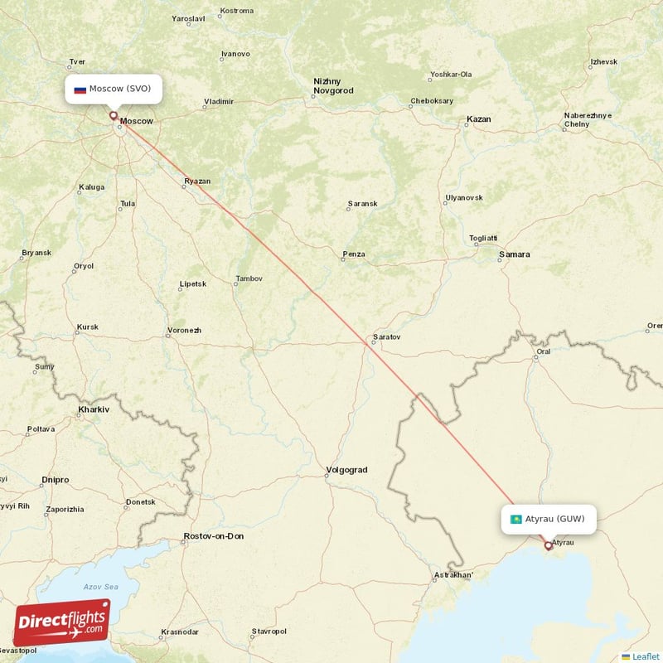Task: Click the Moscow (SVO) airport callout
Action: pyautogui.click(x=113, y=89)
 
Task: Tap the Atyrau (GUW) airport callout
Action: pyautogui.click(x=548, y=520)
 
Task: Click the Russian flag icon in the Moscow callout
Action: pyautogui.click(x=80, y=89)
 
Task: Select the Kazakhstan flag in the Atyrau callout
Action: pyautogui.click(x=515, y=520)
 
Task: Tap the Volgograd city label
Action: pyautogui.click(x=346, y=470)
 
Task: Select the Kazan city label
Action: pyautogui.click(x=478, y=119)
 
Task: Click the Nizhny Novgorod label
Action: pyautogui.click(x=333, y=85)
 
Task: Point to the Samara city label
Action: pyautogui.click(x=514, y=254)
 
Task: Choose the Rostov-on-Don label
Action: pyautogui.click(x=214, y=536)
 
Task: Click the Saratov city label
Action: pyautogui.click(x=386, y=337)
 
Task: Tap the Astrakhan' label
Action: pyautogui.click(x=454, y=575)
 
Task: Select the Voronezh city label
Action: pyautogui.click(x=184, y=330)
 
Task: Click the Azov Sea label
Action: pyautogui.click(x=101, y=586)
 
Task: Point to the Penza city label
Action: pyautogui.click(x=354, y=254)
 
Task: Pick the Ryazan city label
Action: pyautogui.click(x=197, y=181)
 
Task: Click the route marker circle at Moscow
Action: pyautogui.click(x=114, y=116)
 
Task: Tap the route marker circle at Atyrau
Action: pyautogui.click(x=548, y=545)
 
